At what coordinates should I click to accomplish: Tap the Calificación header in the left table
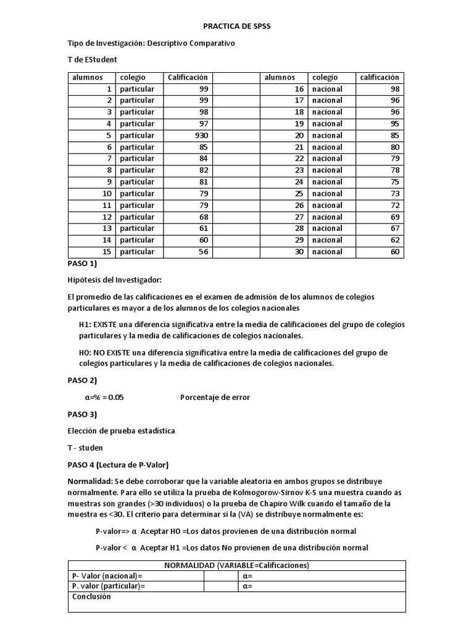(188, 78)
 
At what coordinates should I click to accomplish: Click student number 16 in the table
(299, 89)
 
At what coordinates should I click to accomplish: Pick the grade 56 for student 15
(202, 252)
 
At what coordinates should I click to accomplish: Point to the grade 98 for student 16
(395, 89)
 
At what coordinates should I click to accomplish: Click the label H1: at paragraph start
(85, 325)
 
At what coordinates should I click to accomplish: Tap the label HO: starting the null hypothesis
(86, 353)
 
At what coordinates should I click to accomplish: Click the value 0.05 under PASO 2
(113, 397)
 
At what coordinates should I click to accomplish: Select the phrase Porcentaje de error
(215, 397)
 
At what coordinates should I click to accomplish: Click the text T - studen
(85, 447)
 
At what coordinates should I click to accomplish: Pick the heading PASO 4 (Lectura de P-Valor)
(118, 464)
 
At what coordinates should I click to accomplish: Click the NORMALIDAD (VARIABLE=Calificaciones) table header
(237, 565)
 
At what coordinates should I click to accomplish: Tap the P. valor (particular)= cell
(109, 586)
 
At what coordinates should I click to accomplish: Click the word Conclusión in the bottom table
(91, 597)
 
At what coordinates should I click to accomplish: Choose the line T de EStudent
(92, 59)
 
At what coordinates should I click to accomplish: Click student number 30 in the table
(299, 252)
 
